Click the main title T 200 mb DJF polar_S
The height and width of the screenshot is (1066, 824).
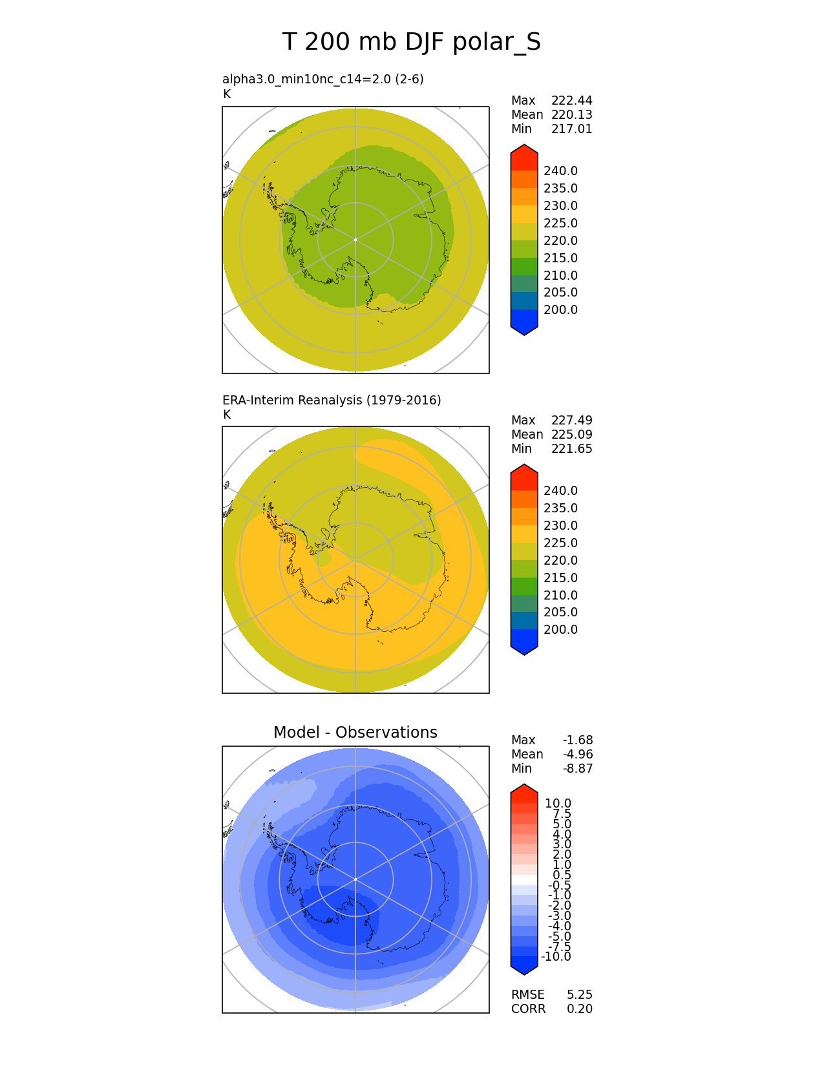pyautogui.click(x=412, y=43)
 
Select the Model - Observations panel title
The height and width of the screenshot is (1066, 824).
pyautogui.click(x=355, y=733)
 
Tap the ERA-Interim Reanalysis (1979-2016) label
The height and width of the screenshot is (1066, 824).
pyautogui.click(x=332, y=401)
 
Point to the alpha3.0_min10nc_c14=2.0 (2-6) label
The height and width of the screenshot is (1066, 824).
pyautogui.click(x=323, y=79)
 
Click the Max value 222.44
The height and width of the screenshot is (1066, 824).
pyautogui.click(x=571, y=101)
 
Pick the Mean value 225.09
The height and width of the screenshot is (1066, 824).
pyautogui.click(x=571, y=435)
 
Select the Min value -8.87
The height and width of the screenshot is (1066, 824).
pyautogui.click(x=578, y=769)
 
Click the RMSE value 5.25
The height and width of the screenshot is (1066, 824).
pyautogui.click(x=580, y=995)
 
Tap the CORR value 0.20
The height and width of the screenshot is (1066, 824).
pyautogui.click(x=580, y=1009)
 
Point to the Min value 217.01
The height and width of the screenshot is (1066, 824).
pyautogui.click(x=571, y=129)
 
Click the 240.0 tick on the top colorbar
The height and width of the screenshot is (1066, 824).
pyautogui.click(x=560, y=171)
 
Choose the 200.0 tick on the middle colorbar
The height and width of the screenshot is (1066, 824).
pyautogui.click(x=560, y=630)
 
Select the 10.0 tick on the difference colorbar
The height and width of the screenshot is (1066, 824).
pyautogui.click(x=558, y=804)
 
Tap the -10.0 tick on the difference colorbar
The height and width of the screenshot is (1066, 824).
pyautogui.click(x=556, y=957)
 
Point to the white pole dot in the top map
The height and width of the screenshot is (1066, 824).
pyautogui.click(x=355, y=240)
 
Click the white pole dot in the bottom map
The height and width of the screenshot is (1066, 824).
pyautogui.click(x=355, y=879)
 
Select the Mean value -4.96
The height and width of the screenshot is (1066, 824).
pyautogui.click(x=578, y=755)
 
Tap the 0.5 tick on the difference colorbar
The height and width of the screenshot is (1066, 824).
pyautogui.click(x=562, y=875)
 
